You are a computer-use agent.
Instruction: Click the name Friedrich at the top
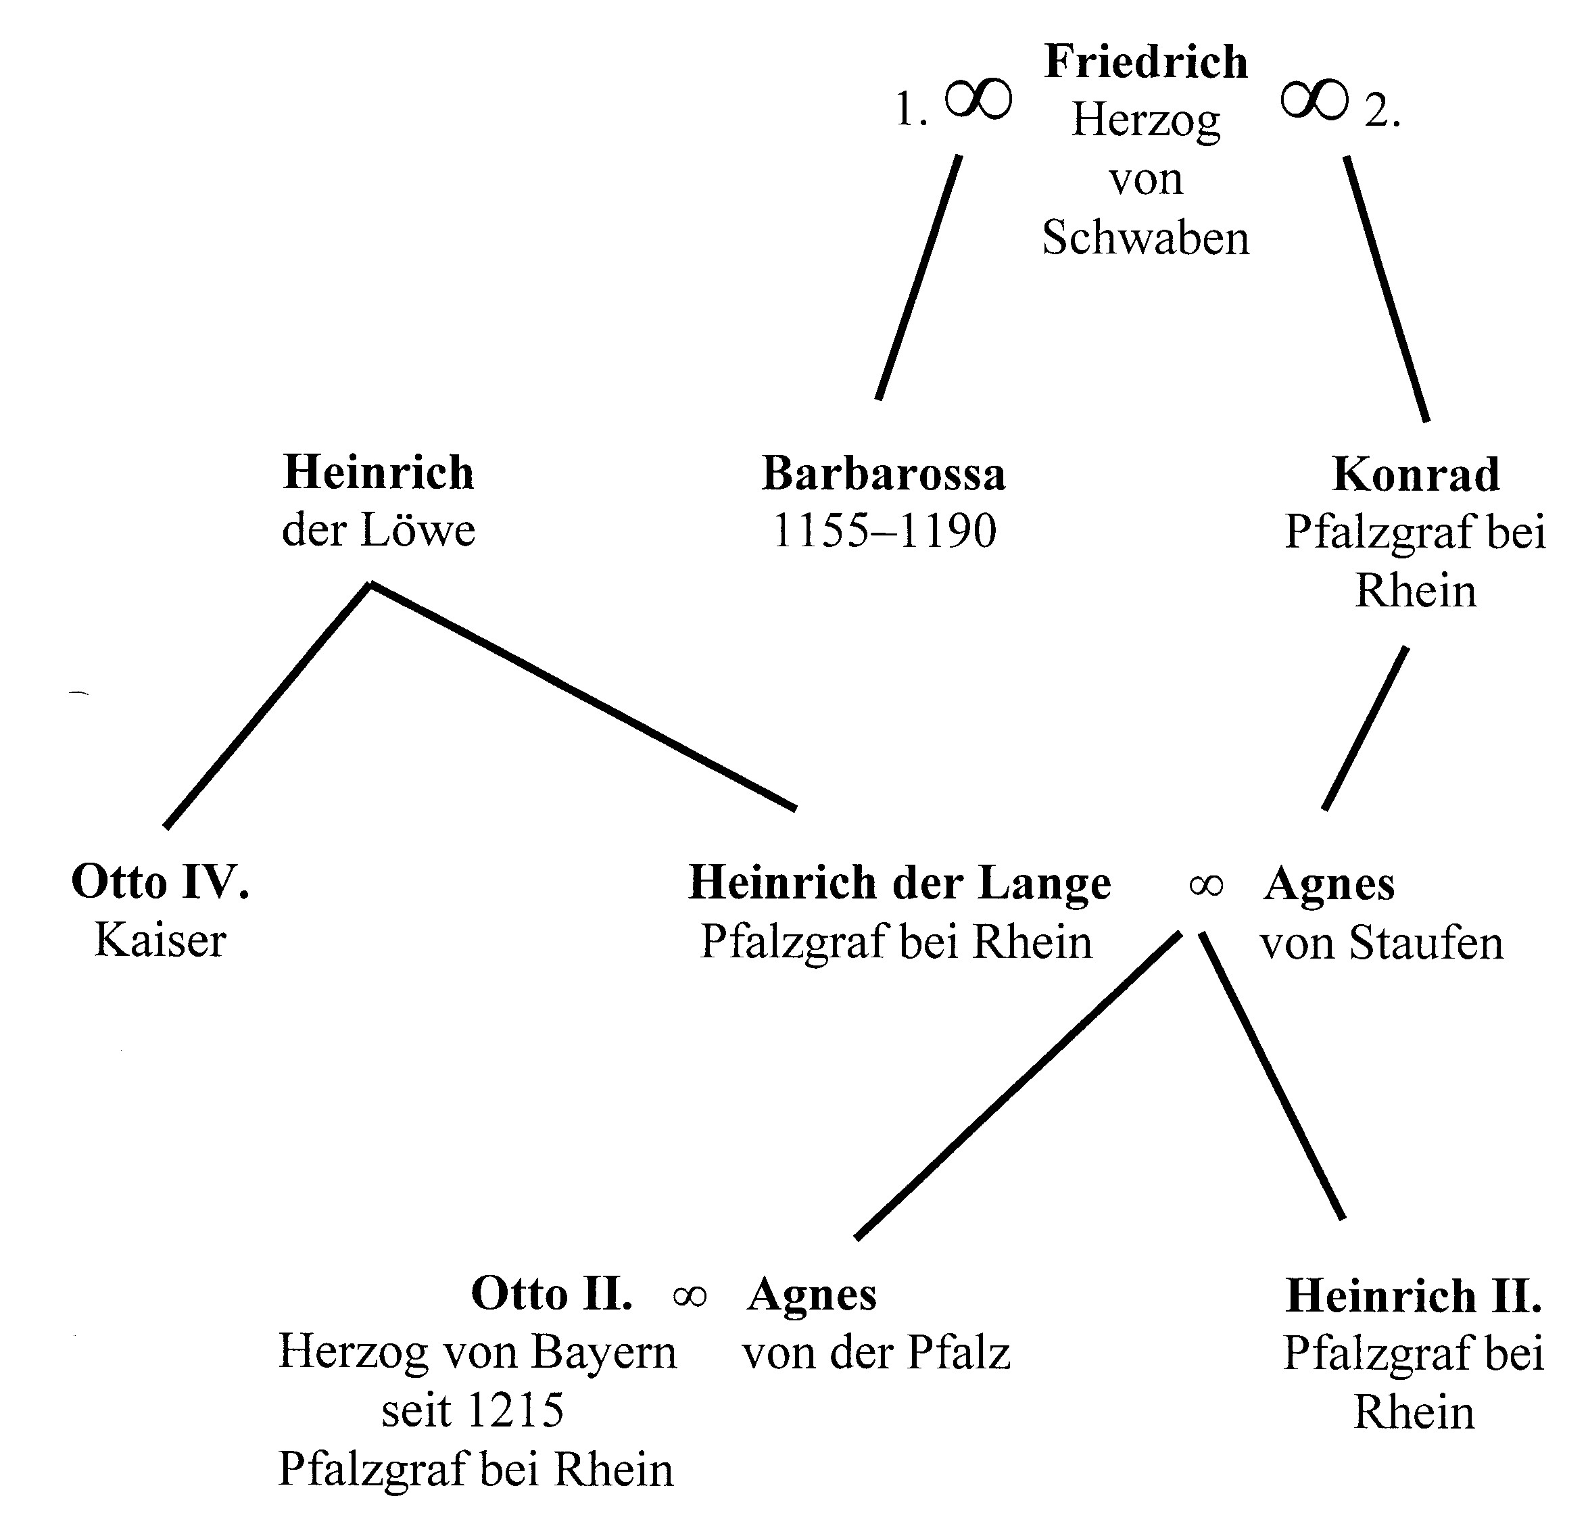pyautogui.click(x=1146, y=62)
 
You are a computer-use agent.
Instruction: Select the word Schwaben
pyautogui.click(x=1146, y=239)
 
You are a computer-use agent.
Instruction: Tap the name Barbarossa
pyautogui.click(x=883, y=474)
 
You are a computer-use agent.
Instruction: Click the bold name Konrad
pyautogui.click(x=1416, y=475)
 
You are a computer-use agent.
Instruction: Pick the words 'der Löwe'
pyautogui.click(x=379, y=531)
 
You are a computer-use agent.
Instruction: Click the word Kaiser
pyautogui.click(x=160, y=942)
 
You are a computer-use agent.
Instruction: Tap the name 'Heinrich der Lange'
pyautogui.click(x=899, y=884)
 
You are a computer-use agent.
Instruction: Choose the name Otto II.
pyautogui.click(x=552, y=1294)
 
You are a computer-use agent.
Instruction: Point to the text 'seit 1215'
pyautogui.click(x=473, y=1411)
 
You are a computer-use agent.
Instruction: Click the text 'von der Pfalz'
pyautogui.click(x=877, y=1353)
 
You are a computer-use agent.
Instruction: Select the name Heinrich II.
pyautogui.click(x=1414, y=1296)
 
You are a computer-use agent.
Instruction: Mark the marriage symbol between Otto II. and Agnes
pyautogui.click(x=690, y=1297)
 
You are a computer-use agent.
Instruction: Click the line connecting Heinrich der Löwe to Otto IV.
pyautogui.click(x=267, y=705)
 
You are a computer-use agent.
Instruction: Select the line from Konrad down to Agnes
pyautogui.click(x=1364, y=727)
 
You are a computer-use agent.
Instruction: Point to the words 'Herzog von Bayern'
pyautogui.click(x=477, y=1353)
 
